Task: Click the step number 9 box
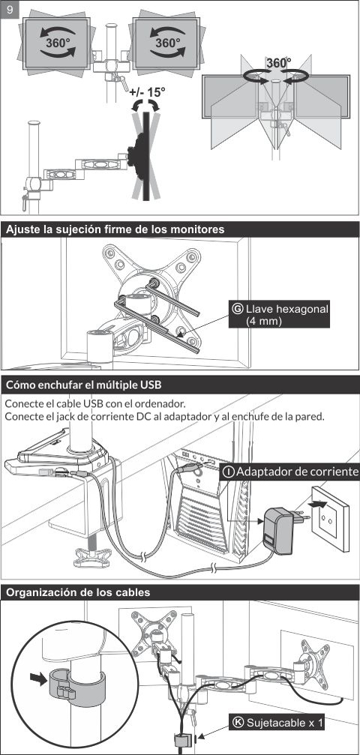point(10,9)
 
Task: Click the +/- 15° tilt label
point(148,92)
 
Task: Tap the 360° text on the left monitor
point(58,43)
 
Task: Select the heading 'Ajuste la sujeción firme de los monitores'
point(115,229)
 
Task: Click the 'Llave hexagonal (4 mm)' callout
point(279,314)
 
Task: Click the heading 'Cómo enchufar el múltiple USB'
point(83,385)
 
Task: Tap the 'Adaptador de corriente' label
point(289,472)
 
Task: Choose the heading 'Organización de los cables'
point(77,592)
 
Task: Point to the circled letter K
point(238,723)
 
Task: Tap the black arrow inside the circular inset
point(37,678)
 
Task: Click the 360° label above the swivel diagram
point(278,63)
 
